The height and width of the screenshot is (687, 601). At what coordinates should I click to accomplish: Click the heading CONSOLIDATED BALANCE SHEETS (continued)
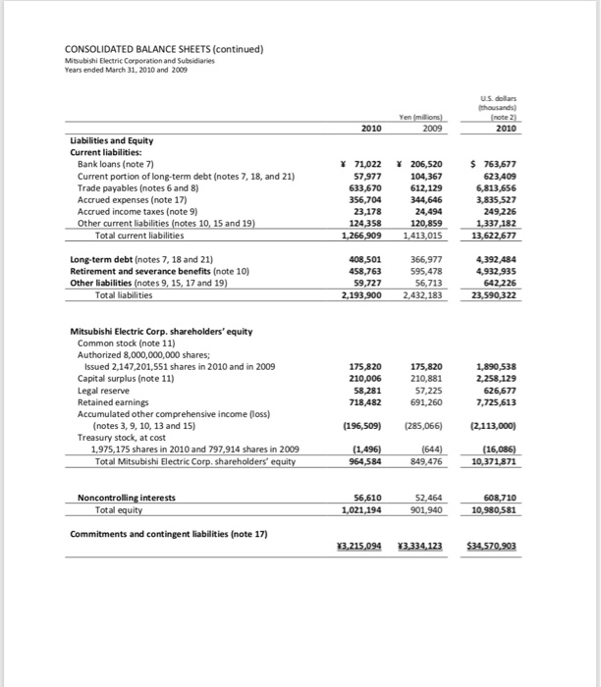click(165, 50)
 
